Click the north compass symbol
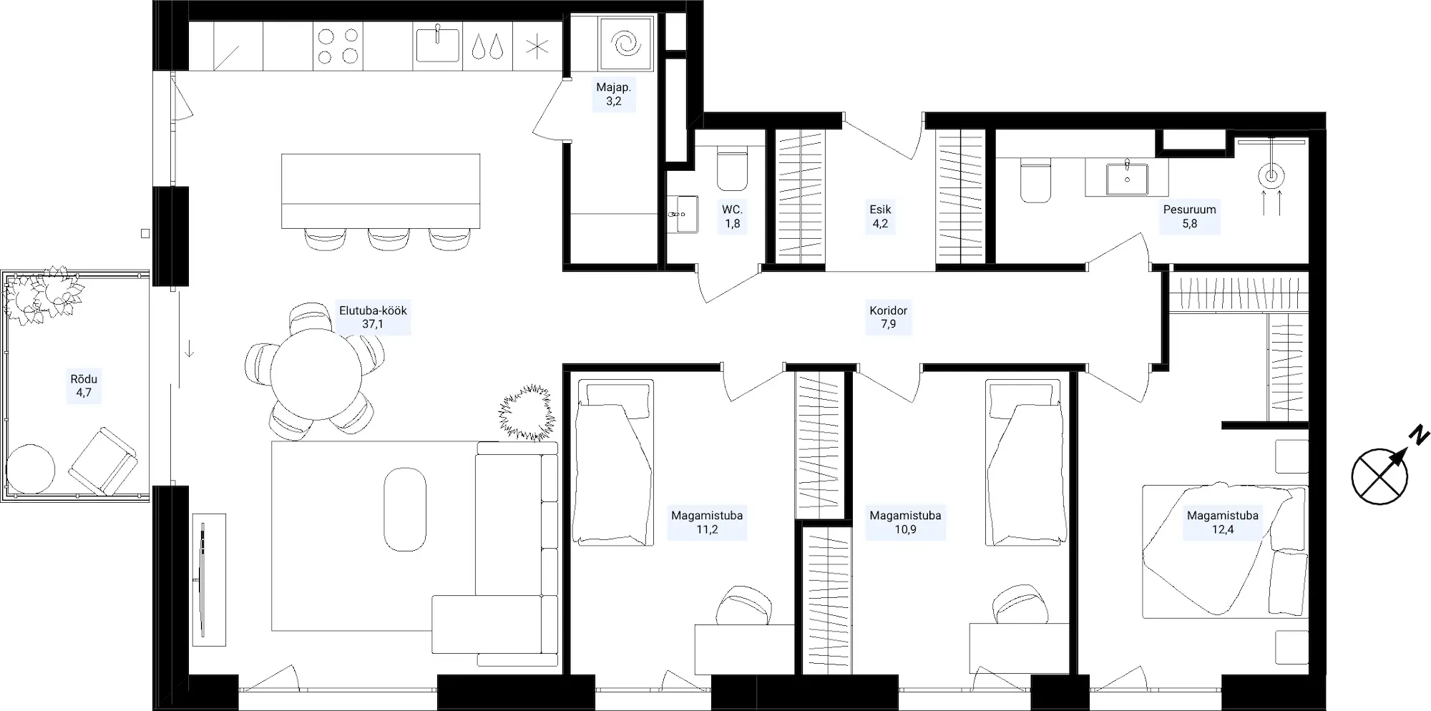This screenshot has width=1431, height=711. (x=1380, y=476)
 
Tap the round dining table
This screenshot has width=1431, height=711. (x=316, y=374)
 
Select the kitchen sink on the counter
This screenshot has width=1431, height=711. (x=437, y=45)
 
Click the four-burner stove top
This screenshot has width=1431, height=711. (x=338, y=46)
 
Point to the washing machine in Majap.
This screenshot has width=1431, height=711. (x=625, y=44)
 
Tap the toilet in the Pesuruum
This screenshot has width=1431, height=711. (x=1035, y=180)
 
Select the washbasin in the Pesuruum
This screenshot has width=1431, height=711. (x=1127, y=178)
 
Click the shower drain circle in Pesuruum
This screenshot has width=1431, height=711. (x=1271, y=175)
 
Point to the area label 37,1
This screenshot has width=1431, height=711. (x=373, y=324)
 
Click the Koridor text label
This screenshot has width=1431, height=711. (x=889, y=310)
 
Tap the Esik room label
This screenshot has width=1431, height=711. (x=880, y=210)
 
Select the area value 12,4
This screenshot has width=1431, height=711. (x=1223, y=529)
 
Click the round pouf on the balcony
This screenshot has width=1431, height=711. (x=30, y=469)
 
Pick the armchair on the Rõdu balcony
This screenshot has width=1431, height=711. (x=103, y=461)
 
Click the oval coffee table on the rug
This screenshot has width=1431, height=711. (x=405, y=509)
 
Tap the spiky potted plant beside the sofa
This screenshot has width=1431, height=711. (x=527, y=413)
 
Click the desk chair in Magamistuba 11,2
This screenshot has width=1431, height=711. (x=745, y=606)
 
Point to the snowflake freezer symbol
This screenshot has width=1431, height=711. (x=537, y=46)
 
